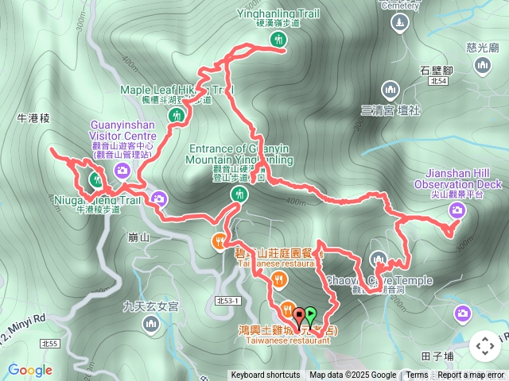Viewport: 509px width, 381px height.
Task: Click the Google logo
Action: (30, 370)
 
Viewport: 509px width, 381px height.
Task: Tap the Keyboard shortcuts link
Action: (265, 375)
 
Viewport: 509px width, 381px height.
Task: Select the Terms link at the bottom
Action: (417, 375)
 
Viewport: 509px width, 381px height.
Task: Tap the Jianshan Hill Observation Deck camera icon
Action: (457, 210)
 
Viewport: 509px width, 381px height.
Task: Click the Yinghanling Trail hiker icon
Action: (277, 39)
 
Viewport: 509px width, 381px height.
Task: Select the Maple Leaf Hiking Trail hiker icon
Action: (177, 116)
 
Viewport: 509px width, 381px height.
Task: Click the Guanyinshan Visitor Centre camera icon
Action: (122, 170)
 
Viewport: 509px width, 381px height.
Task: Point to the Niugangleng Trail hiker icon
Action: (96, 179)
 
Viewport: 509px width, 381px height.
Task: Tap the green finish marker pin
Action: (310, 315)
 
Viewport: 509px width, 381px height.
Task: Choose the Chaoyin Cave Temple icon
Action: (379, 259)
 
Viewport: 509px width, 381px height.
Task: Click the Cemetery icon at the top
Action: (398, 25)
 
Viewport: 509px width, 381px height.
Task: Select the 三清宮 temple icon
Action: (390, 89)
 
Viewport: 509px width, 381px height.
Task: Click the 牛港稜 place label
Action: (33, 117)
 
